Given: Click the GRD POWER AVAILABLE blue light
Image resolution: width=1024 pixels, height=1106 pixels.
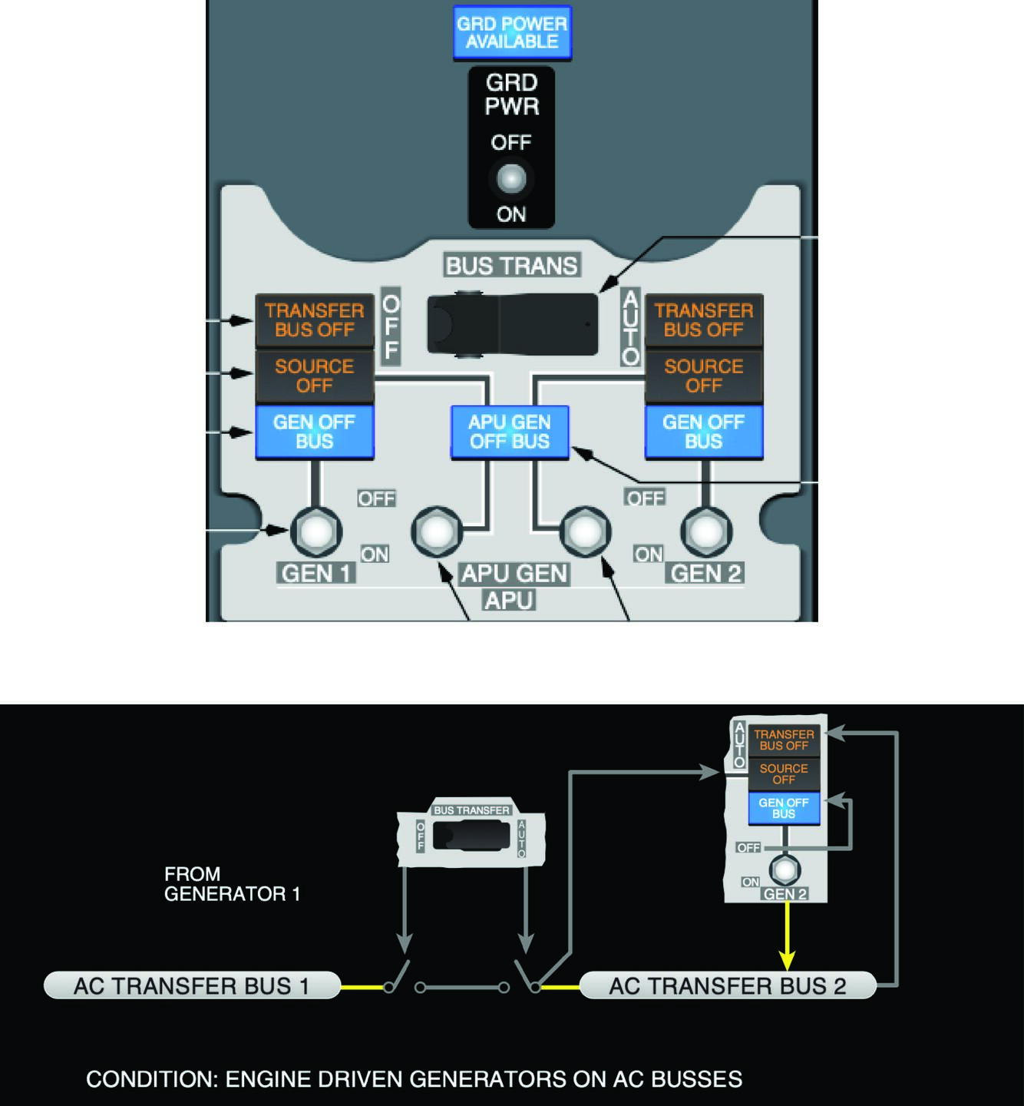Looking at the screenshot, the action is coord(511,33).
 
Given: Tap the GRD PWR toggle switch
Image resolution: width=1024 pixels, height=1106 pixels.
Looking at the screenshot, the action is coord(511,179).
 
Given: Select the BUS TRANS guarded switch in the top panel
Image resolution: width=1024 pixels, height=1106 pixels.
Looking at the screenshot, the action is coord(512,324).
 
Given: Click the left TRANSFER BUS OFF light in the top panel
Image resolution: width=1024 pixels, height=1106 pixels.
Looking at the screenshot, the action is coord(315,320).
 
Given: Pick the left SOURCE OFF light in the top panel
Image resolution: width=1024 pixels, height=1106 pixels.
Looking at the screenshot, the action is coord(315,376).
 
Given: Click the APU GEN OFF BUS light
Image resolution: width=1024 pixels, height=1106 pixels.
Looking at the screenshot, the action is coord(510,432).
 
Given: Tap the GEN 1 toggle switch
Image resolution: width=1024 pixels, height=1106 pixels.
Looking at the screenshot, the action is coord(315,531).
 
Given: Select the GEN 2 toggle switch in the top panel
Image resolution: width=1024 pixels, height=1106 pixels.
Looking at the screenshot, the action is coord(706,531).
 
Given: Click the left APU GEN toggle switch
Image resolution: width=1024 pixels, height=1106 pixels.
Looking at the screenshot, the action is coord(437,531).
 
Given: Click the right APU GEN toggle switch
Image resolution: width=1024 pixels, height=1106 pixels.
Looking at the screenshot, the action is coord(586,531).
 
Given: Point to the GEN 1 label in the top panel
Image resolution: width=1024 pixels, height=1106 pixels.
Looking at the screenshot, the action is coord(315,574).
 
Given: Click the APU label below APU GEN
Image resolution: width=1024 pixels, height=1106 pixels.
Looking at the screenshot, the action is coord(509,600).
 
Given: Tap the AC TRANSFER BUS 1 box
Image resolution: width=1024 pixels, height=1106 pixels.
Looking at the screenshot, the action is coord(192,985).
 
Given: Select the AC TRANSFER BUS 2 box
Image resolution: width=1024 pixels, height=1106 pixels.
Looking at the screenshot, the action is coord(727,985).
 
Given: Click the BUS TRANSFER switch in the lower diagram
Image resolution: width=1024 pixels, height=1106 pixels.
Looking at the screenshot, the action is coord(471,835).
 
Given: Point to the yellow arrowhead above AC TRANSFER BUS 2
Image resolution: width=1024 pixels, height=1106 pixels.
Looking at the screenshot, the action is coord(787,959).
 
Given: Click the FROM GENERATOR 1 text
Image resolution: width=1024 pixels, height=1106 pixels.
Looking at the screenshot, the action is coord(232,884).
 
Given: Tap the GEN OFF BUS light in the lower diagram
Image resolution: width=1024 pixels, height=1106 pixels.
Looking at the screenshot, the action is coord(784,808).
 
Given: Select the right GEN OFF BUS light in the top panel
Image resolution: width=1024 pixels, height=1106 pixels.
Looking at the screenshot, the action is coord(704,432).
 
